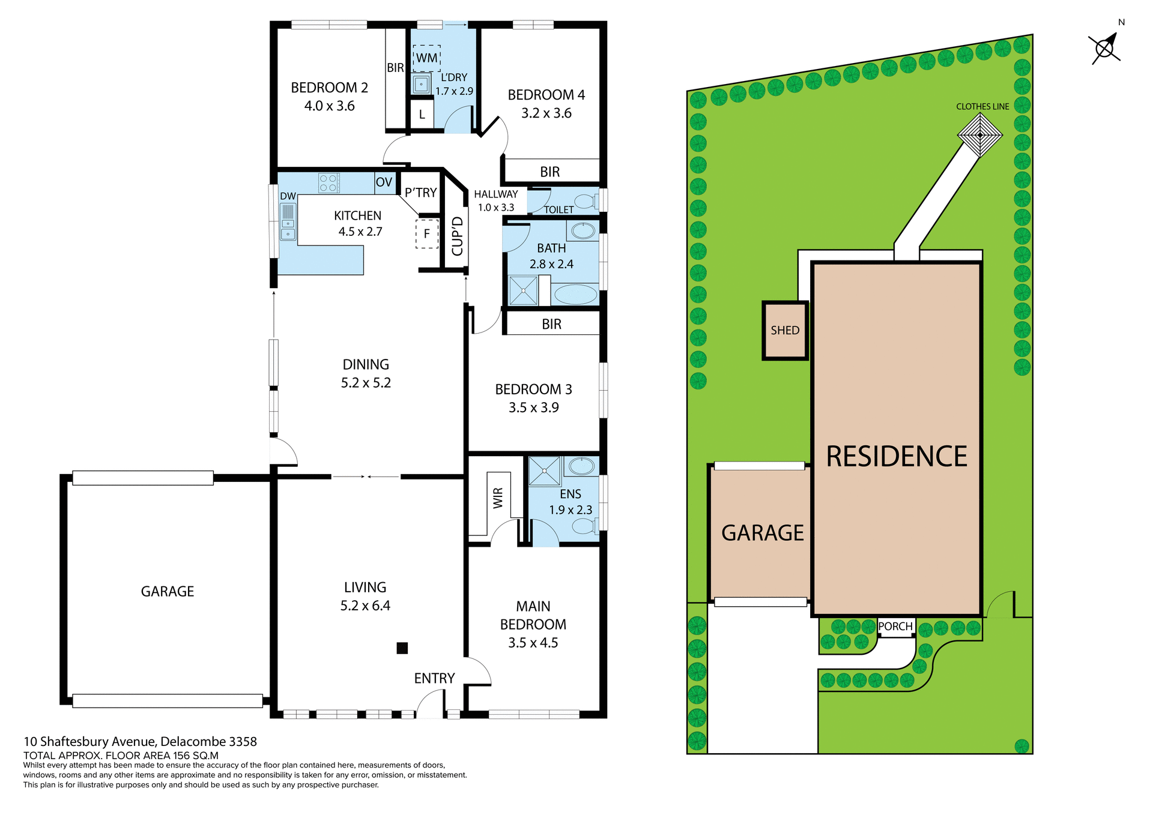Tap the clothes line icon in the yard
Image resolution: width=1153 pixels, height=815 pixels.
tap(979, 135)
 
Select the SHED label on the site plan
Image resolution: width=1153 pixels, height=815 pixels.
tap(785, 331)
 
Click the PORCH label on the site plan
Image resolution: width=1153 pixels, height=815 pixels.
tap(895, 627)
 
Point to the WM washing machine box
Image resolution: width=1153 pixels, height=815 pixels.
tap(427, 58)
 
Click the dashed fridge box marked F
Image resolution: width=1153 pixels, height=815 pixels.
tap(427, 234)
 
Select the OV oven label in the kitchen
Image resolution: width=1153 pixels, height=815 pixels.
tap(384, 182)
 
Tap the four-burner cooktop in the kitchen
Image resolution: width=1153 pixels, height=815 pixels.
tap(328, 182)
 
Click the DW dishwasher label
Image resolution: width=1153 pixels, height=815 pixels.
tap(288, 196)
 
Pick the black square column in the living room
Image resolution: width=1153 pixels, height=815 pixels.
tap(402, 648)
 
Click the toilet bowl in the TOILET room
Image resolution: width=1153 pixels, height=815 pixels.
tap(584, 200)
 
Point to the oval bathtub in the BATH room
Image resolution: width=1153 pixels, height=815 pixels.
tap(575, 295)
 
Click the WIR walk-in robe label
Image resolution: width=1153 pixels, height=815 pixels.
tap(498, 499)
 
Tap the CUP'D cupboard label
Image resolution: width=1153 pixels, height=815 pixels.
tap(458, 236)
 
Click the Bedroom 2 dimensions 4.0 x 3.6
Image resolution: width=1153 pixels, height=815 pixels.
tap(329, 106)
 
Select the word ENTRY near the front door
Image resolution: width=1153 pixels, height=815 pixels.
tap(434, 678)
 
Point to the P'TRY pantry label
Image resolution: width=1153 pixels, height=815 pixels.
tap(420, 193)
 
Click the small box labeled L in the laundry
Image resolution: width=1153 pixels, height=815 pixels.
tap(422, 115)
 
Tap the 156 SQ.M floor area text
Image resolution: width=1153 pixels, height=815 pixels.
tap(196, 756)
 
